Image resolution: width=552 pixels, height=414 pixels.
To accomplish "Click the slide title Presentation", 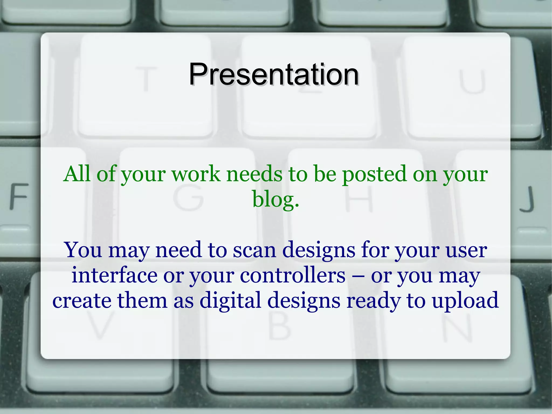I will tap(273, 74).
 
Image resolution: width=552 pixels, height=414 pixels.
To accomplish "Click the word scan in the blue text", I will tap(254, 250).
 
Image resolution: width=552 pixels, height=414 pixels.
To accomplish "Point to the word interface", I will tap(114, 275).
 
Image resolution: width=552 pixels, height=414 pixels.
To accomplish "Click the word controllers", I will tap(292, 275).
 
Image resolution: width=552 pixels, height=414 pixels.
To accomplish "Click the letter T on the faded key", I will tap(146, 79).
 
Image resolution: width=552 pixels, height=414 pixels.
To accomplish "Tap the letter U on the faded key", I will tap(472, 81).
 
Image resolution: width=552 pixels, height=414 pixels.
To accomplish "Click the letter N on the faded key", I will tap(457, 327).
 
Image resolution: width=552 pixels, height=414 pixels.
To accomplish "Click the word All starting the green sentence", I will tap(77, 174).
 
